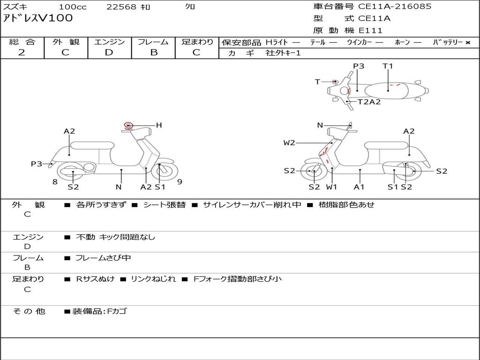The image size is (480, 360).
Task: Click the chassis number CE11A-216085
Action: pyautogui.click(x=395, y=7)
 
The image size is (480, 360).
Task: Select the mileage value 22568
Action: pyautogui.click(x=121, y=7)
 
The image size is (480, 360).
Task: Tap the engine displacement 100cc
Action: pyautogui.click(x=73, y=7)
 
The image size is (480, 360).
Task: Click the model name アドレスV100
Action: pyautogui.click(x=38, y=18)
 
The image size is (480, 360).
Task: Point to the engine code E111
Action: pyautogui.click(x=371, y=30)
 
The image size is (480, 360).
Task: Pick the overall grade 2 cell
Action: pyautogui.click(x=22, y=52)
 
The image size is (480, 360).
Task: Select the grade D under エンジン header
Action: pyautogui.click(x=109, y=52)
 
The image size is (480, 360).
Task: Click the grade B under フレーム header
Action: pyautogui.click(x=154, y=52)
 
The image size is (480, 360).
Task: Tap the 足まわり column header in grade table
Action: pyautogui.click(x=197, y=42)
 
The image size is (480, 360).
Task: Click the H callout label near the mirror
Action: pyautogui.click(x=159, y=125)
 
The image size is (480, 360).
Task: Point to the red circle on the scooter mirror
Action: pyautogui.click(x=129, y=125)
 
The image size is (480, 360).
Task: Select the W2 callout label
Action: pyautogui.click(x=289, y=142)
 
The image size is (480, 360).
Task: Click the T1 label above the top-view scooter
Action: pyautogui.click(x=388, y=66)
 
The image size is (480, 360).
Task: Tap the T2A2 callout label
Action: pyautogui.click(x=369, y=102)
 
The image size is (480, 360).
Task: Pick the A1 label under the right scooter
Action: pyautogui.click(x=360, y=187)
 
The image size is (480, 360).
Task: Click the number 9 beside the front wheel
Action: pyautogui.click(x=180, y=182)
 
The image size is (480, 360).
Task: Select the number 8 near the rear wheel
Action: pyautogui.click(x=55, y=182)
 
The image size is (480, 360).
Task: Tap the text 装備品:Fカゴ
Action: pyautogui.click(x=99, y=311)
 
